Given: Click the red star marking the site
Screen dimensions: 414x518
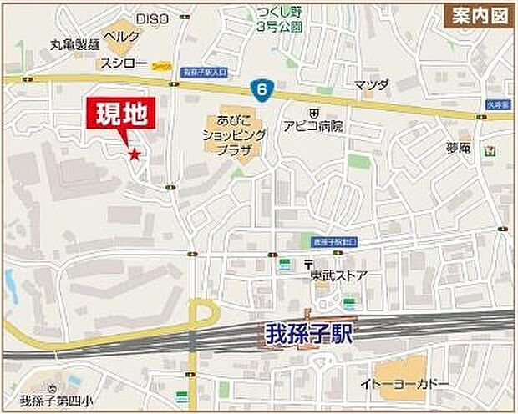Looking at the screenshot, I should tap(134, 153).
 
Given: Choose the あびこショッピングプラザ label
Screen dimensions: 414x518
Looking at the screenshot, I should tap(234, 134).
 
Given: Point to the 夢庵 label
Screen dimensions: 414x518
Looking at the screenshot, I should tap(459, 148).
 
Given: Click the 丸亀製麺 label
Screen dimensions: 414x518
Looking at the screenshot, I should tap(74, 43).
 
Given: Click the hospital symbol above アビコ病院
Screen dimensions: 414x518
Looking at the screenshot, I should tap(312, 112).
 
